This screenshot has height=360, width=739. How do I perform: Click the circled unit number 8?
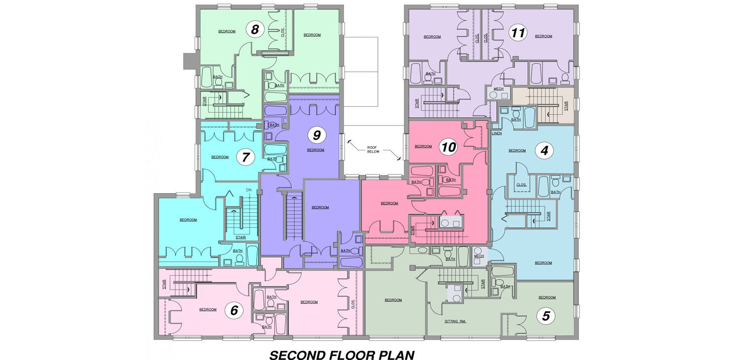[x=255, y=30]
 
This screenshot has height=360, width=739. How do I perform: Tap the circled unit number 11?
[x=518, y=33]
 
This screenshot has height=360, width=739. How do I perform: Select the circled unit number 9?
[x=317, y=135]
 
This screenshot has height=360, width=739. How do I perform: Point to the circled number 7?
[x=245, y=157]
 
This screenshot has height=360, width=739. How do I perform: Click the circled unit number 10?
[x=449, y=147]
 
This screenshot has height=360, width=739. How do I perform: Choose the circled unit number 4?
[x=544, y=151]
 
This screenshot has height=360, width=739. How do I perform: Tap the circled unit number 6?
[x=234, y=310]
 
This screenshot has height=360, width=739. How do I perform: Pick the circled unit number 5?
[x=546, y=316]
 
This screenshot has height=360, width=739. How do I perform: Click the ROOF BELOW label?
[x=373, y=150]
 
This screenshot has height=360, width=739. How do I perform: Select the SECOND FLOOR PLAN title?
[x=342, y=355]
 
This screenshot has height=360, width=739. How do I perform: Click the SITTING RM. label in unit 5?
[x=455, y=321]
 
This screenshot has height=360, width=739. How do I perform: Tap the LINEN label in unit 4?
[x=497, y=133]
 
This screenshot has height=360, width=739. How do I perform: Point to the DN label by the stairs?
[x=249, y=190]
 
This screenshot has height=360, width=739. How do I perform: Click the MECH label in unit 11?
[x=499, y=89]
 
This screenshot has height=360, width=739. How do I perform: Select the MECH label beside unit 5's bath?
[x=479, y=256]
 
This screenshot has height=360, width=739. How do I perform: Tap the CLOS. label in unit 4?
[x=521, y=185]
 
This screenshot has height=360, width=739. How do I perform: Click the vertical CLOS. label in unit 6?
[x=353, y=304]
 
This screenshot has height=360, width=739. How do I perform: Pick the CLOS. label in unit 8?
[x=283, y=33]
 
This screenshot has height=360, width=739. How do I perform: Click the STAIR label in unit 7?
[x=240, y=237]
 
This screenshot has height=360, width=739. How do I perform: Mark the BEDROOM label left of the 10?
[x=423, y=146]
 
